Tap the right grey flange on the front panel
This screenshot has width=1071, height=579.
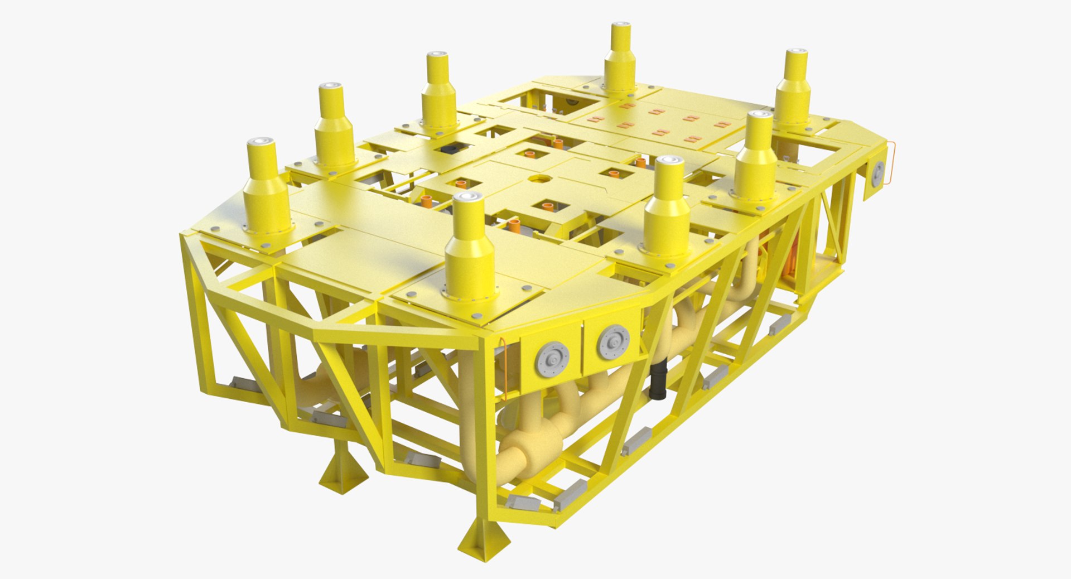click(614, 341)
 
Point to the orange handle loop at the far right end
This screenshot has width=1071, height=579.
click(892, 163)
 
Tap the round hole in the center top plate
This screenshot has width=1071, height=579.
click(539, 180)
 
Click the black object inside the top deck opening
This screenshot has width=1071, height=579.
click(450, 149)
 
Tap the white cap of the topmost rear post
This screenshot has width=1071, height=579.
click(620, 27)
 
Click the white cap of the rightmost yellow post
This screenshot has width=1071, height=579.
click(796, 54)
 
